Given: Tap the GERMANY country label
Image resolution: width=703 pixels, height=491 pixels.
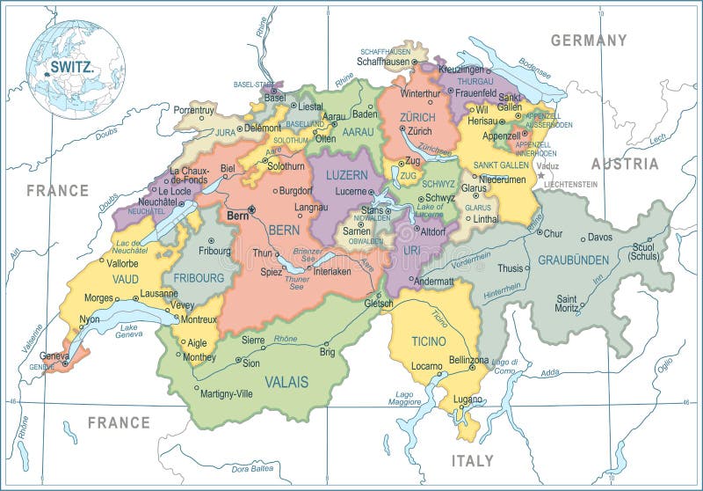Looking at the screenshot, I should [588, 40].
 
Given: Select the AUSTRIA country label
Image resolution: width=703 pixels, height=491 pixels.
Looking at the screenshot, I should [624, 164].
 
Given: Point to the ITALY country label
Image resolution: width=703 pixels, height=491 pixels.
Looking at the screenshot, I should [473, 460].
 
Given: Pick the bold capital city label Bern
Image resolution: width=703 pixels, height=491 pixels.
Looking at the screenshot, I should [237, 214].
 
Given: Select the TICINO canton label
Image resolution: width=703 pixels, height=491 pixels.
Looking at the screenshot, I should [428, 341].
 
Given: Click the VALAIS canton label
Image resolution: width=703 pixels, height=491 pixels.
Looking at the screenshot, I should [286, 382].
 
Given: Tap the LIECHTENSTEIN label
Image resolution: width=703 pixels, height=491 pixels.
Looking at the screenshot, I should [569, 185].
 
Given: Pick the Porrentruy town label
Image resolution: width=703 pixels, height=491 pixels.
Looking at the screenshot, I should [193, 111].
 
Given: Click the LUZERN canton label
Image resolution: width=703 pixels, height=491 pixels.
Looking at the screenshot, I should [346, 175].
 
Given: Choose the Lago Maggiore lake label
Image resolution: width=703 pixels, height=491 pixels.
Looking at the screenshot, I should [405, 398].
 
